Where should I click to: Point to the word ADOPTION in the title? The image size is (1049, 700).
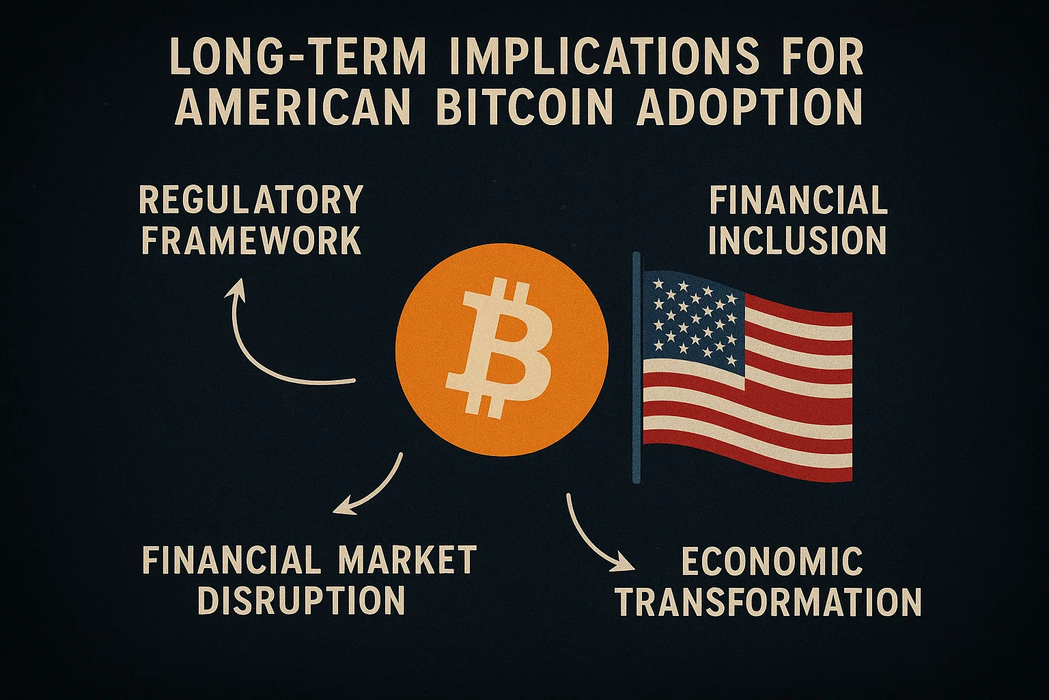point(749,108)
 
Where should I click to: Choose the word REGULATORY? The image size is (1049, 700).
point(251,201)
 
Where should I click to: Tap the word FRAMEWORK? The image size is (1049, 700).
point(251,240)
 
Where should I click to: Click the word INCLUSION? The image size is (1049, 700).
point(798,240)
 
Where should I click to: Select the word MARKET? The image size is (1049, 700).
point(408,561)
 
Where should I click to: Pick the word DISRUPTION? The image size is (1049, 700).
point(301,600)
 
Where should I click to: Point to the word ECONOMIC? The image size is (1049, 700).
point(772,562)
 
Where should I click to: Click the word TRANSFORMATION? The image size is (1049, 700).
point(769,602)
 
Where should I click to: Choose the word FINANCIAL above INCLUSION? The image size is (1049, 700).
point(798,201)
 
